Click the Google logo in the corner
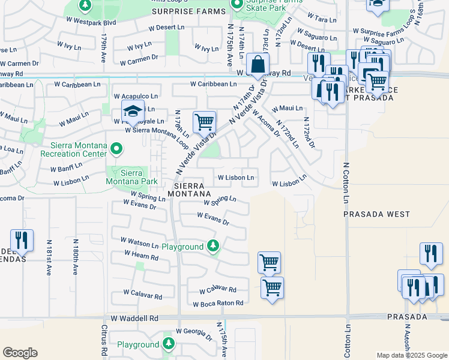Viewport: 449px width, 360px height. click(20, 353)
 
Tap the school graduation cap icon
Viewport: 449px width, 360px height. click(133, 111)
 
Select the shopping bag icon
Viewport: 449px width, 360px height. click(257, 64)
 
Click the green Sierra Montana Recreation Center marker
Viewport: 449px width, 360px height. click(118, 148)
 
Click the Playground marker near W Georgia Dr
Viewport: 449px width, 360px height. click(169, 343)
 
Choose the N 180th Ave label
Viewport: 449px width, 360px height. click(76, 257)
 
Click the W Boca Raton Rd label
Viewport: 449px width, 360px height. click(218, 304)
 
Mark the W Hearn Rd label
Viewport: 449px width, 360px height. click(141, 255)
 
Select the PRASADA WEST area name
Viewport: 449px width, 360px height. click(376, 214)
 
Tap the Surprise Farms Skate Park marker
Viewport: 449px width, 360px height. click(238, 5)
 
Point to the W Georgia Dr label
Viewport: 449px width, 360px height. click(194, 331)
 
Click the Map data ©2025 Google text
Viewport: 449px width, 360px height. click(411, 355)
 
